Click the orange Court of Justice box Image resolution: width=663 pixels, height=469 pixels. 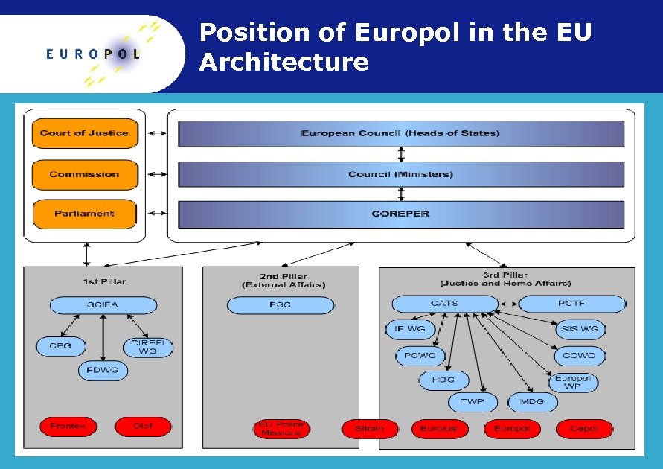click(84, 133)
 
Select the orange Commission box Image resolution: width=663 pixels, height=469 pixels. click(84, 174)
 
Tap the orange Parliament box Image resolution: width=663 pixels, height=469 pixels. click(84, 214)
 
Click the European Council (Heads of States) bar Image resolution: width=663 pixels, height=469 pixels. click(400, 133)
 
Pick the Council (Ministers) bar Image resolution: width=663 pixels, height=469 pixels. click(400, 174)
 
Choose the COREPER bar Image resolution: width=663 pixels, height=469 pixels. click(400, 214)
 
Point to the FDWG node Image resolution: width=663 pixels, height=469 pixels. click(103, 370)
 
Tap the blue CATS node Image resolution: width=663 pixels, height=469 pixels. click(445, 304)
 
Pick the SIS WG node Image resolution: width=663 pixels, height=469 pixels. click(580, 329)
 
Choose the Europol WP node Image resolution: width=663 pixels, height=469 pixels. click(572, 382)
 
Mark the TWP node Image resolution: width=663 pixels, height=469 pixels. click(473, 402)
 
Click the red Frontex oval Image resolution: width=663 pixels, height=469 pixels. click(68, 427)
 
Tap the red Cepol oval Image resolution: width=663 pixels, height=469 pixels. click(584, 429)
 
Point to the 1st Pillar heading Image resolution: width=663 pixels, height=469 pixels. click(104, 281)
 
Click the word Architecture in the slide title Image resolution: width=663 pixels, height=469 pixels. click(284, 62)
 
